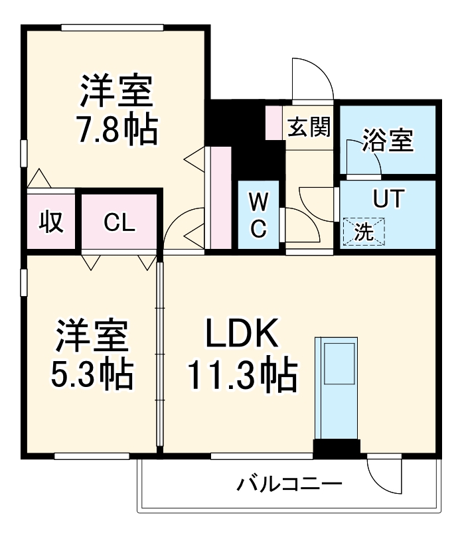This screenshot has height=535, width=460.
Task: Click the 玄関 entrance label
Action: click(309, 126)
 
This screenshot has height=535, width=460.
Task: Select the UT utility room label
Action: click(387, 200)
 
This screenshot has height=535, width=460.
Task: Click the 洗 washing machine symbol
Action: click(363, 232)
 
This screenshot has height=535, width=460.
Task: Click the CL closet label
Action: click(119, 222)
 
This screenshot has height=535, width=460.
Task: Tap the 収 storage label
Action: click(50, 222)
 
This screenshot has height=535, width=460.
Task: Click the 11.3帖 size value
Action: click(241, 376)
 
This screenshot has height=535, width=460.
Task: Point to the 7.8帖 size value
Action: click(116, 129)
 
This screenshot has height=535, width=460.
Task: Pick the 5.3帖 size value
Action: click(92, 375)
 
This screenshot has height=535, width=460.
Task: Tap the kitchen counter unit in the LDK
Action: click(338, 388)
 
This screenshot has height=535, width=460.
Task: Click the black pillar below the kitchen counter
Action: click(337, 449)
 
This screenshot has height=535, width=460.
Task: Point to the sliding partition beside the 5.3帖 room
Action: click(159, 355)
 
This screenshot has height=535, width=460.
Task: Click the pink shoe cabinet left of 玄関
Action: click(273, 122)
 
